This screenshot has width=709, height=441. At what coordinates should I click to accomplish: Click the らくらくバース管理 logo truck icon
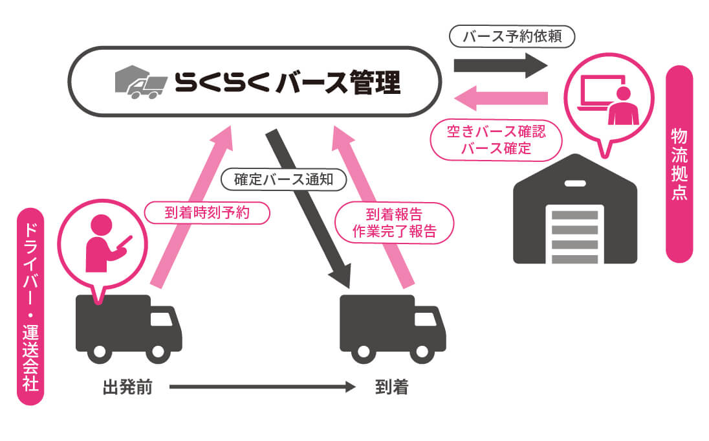(138, 82)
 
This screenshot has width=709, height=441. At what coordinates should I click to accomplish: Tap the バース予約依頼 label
(511, 37)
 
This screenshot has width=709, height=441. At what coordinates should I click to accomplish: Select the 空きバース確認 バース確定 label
(496, 140)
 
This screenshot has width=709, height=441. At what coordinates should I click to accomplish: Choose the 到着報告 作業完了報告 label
(393, 222)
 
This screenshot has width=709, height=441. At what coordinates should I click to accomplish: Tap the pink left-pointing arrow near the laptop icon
(501, 99)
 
